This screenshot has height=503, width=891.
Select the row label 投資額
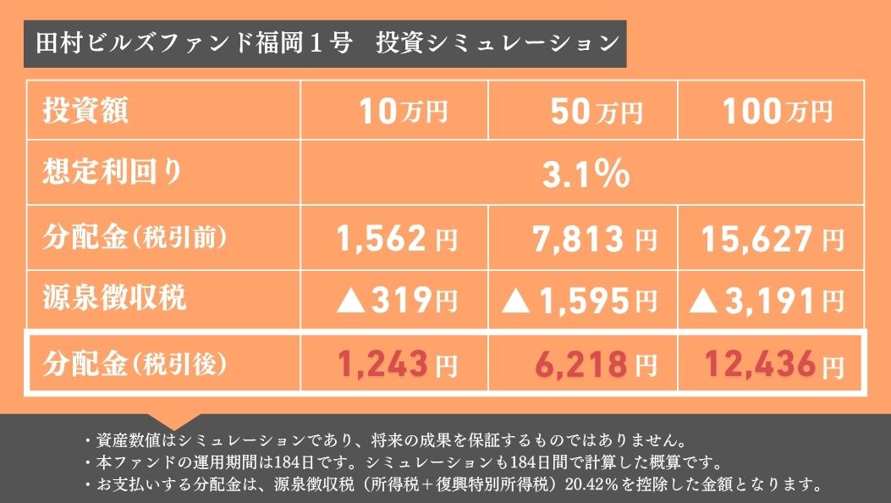[x=86, y=111]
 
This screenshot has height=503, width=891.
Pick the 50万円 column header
[x=596, y=111]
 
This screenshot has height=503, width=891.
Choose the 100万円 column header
[x=777, y=111]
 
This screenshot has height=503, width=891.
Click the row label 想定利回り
[x=113, y=173]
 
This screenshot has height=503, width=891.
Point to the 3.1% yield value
[x=585, y=175]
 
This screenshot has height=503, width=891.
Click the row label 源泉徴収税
[x=114, y=297]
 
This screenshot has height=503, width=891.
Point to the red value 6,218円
[x=595, y=365]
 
